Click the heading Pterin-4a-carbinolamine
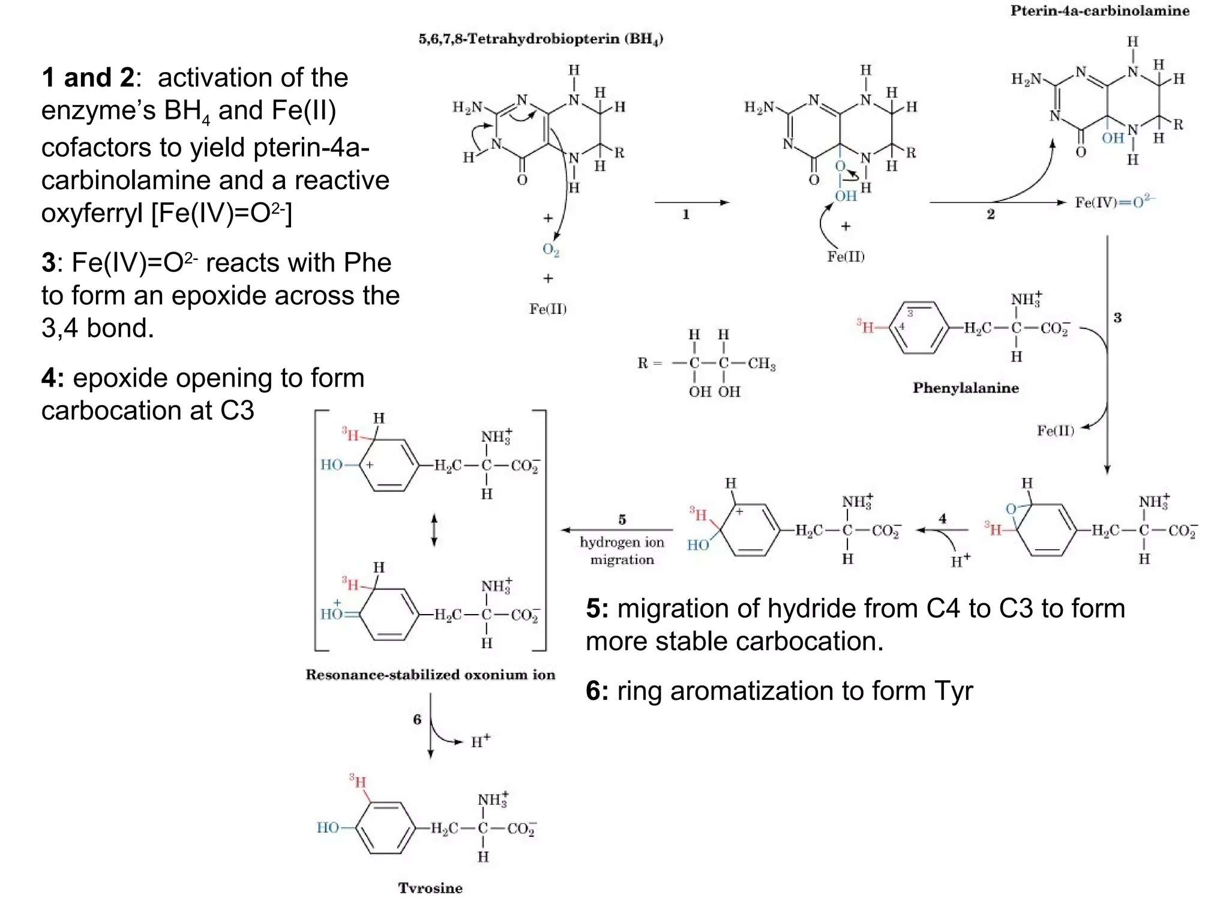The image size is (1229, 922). coord(1099,11)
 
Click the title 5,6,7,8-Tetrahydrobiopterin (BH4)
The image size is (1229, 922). coord(540,40)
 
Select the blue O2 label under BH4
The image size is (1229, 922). coord(550,250)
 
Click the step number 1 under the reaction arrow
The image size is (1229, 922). coord(686,215)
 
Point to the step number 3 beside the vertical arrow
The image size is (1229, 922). coord(1117,318)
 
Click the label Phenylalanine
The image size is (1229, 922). coord(966,388)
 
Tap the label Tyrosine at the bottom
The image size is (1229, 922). coord(430,888)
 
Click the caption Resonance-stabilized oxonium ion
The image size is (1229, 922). coord(430,675)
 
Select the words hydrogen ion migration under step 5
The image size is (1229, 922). coord(622,551)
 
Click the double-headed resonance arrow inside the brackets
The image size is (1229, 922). coord(434,529)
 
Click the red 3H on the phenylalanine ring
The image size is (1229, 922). coord(865,327)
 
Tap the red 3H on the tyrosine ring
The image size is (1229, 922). coord(358,782)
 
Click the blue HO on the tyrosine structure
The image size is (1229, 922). coord(328,828)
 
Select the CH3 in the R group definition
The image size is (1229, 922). coord(761,364)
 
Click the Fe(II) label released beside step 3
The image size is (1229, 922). coord(1055,430)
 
